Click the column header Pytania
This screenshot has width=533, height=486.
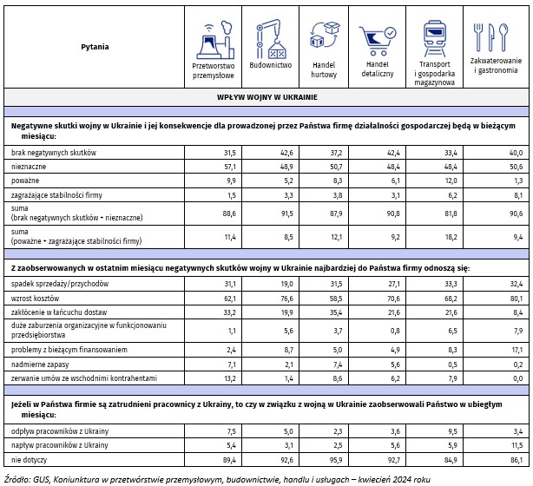tap(95, 46)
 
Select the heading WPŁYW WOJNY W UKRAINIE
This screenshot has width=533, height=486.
tap(266, 98)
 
